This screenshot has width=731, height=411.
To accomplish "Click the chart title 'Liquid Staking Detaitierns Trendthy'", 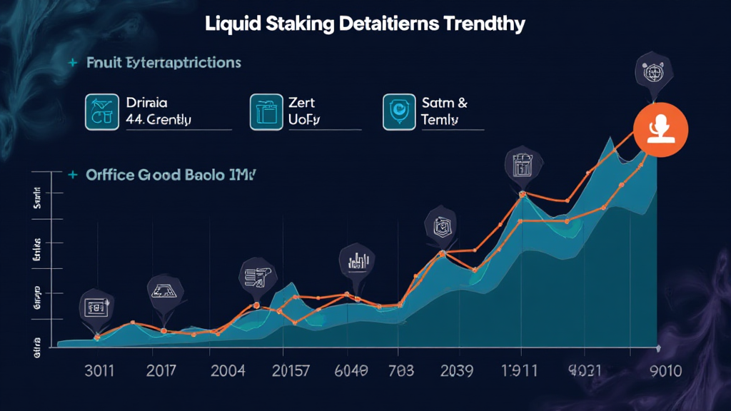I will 365,24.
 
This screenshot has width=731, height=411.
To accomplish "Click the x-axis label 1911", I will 518,371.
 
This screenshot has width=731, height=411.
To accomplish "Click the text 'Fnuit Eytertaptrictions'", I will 163,63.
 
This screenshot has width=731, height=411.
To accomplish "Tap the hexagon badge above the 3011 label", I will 96,308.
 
